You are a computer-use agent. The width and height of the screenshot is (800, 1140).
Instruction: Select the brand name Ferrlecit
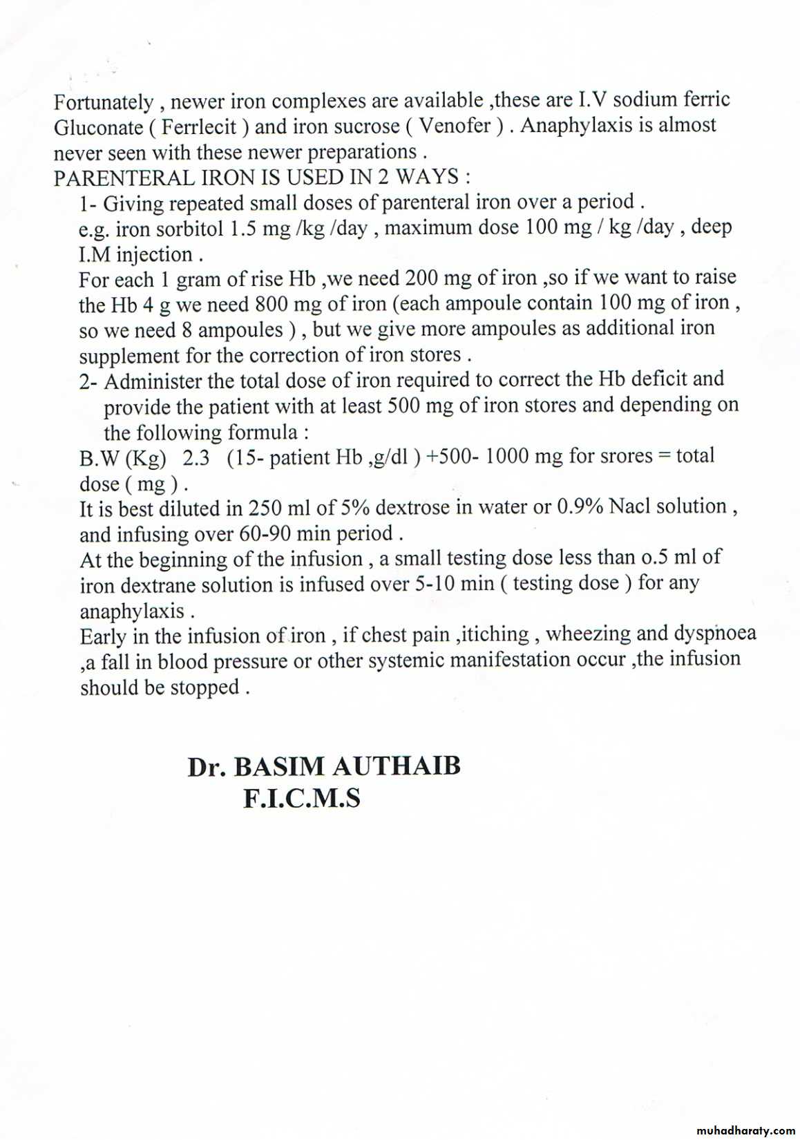(199, 127)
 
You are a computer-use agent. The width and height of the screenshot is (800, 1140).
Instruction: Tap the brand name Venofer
(455, 126)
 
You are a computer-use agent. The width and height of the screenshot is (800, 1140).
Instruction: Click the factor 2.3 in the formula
(196, 458)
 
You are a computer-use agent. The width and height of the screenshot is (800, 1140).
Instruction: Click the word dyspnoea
(715, 634)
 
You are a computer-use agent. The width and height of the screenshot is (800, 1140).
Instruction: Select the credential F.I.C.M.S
(301, 799)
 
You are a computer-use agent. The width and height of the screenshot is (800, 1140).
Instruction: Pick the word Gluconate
(98, 128)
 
